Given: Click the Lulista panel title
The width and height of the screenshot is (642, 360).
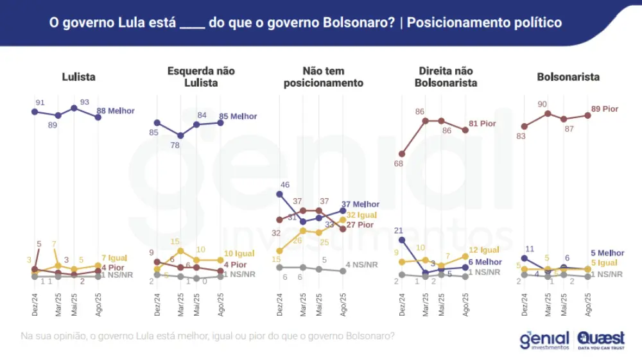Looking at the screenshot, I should pyautogui.click(x=78, y=77).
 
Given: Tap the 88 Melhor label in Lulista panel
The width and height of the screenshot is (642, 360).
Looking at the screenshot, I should pyautogui.click(x=116, y=111).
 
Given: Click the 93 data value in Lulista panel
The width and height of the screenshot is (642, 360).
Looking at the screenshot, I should pyautogui.click(x=83, y=101).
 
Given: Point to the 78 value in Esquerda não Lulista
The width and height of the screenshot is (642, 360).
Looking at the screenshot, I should pyautogui.click(x=175, y=146).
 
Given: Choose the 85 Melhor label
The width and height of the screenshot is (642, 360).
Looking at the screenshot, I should pyautogui.click(x=238, y=117).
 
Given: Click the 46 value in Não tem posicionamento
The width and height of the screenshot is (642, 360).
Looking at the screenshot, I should pyautogui.click(x=286, y=185).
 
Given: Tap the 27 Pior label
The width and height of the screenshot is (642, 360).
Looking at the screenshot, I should pyautogui.click(x=360, y=225).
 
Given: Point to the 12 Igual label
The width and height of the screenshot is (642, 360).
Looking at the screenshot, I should pyautogui.click(x=484, y=250).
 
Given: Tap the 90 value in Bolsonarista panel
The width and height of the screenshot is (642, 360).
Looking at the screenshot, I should pyautogui.click(x=542, y=104).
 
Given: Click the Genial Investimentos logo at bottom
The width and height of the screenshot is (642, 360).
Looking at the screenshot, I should pyautogui.click(x=544, y=339).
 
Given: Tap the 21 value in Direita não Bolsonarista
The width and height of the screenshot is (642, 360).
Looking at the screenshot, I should pyautogui.click(x=398, y=230).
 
